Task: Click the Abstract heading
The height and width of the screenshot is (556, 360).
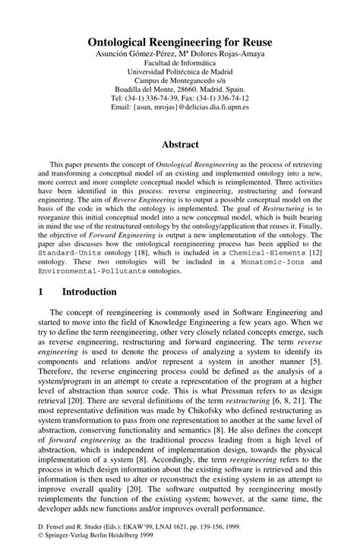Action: tap(180, 144)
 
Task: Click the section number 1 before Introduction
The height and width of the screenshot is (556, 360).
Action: tap(37, 292)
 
